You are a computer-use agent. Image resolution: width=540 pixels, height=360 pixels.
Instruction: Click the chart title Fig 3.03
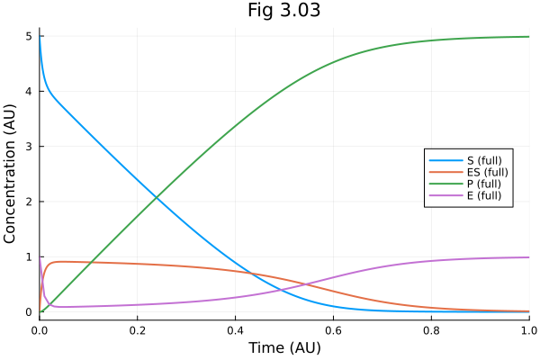(x=283, y=11)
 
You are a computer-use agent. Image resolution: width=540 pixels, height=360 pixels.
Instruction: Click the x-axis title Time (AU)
(x=283, y=347)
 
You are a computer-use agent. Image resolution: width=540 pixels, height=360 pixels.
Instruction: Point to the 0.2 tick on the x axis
(x=138, y=330)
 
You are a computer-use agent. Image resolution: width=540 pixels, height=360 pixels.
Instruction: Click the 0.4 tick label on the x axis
(x=236, y=330)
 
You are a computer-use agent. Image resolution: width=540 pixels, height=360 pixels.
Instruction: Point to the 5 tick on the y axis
(x=29, y=36)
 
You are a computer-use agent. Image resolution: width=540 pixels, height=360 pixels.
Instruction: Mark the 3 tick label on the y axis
(x=29, y=147)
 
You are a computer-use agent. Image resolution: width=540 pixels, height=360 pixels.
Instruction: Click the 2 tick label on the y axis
(x=29, y=202)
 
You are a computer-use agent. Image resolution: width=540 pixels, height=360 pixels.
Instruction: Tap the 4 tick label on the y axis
(x=29, y=91)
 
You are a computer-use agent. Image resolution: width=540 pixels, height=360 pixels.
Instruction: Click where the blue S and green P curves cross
(x=157, y=197)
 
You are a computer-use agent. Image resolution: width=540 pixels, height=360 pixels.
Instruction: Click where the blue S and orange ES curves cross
(x=257, y=274)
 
